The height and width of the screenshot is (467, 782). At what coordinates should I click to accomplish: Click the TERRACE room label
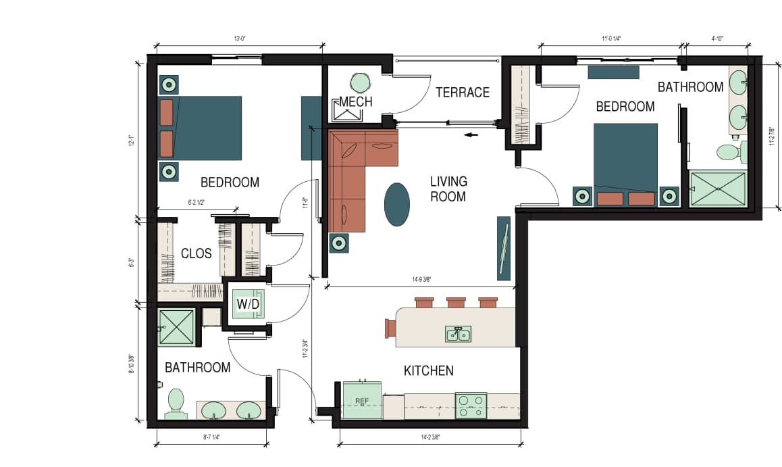tap(462, 93)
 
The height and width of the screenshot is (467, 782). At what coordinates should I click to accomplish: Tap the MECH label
tap(356, 102)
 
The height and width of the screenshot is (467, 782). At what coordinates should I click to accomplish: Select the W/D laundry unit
tap(247, 305)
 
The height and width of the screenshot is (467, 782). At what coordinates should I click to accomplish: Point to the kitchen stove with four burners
tap(471, 405)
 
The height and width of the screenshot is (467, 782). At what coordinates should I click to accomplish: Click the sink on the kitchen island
tap(458, 334)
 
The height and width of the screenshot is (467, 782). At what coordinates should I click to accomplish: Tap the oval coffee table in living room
tap(396, 204)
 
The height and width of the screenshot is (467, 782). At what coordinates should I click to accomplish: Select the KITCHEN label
tap(428, 370)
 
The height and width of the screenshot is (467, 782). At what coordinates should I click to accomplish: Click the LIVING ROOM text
tap(448, 189)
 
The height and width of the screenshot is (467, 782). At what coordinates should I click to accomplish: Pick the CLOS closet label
tap(196, 254)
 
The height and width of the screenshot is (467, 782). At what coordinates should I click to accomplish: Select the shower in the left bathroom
tap(176, 327)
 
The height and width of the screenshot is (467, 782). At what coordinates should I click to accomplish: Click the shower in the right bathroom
tap(717, 188)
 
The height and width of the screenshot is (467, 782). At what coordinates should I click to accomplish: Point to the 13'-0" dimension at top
tap(239, 39)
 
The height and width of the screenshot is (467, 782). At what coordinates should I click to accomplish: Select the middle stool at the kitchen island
tap(455, 303)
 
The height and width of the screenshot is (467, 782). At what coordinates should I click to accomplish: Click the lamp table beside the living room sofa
tap(338, 243)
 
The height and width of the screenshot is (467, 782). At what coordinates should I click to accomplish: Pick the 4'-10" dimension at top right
tap(716, 39)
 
